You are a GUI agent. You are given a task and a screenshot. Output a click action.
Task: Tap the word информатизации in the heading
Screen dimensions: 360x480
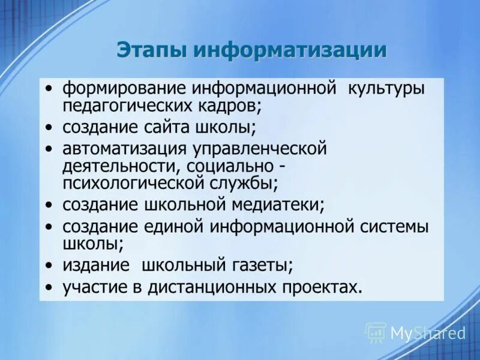[290, 50]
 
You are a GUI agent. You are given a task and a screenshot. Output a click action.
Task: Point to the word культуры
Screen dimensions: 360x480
[386, 89]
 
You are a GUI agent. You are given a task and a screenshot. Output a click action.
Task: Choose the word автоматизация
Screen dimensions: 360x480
[125, 148]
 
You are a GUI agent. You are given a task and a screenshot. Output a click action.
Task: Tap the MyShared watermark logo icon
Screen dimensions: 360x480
[376, 332]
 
